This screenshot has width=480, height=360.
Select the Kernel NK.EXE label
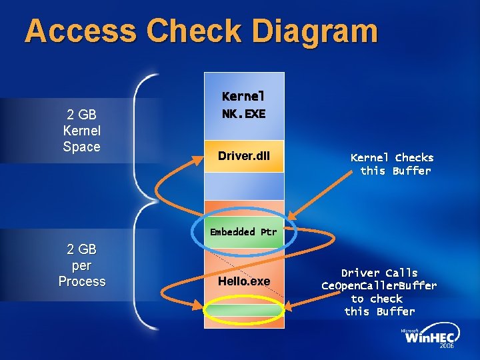pos(243,105)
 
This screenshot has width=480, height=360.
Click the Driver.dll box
pos(243,156)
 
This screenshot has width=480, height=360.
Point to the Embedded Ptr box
pos(243,232)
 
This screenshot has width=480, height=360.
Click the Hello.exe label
pos(244,281)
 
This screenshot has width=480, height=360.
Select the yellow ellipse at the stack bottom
pos(243,310)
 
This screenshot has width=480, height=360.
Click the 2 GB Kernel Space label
pos(81,131)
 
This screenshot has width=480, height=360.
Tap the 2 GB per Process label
pos(81,265)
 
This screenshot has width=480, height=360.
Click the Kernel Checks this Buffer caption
pos(393,164)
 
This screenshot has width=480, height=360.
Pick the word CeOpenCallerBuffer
pos(379,286)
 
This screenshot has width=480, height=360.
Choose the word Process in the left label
pos(82,281)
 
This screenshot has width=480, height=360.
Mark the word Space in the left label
pos(81,147)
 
